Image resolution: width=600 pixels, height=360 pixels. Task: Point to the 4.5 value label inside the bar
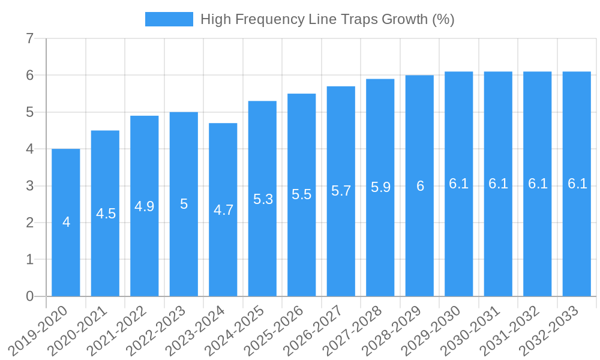pyautogui.click(x=106, y=214)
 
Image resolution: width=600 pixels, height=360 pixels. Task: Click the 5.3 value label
pyautogui.click(x=263, y=199)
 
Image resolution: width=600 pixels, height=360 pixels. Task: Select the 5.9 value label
pyautogui.click(x=380, y=187)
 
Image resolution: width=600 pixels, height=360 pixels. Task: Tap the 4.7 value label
pyautogui.click(x=223, y=210)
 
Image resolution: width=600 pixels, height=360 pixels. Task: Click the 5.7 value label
pyautogui.click(x=341, y=191)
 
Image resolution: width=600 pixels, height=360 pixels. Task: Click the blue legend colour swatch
pyautogui.click(x=169, y=19)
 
